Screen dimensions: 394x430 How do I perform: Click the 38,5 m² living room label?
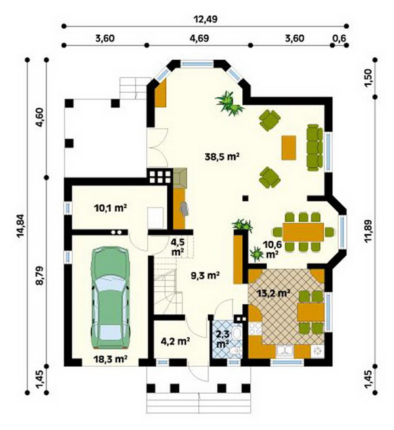point(223,156)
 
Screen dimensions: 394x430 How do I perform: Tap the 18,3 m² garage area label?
point(110,359)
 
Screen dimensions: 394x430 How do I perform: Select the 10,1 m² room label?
point(110,208)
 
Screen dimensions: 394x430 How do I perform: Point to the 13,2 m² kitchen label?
point(274,293)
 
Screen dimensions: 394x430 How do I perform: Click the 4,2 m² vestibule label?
point(175,341)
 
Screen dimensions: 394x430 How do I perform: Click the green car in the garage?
point(110,297)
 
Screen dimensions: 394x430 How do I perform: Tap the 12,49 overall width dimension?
point(205,19)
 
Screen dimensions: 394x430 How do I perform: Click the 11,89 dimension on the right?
point(368,231)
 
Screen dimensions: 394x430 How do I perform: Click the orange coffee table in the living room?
point(289,147)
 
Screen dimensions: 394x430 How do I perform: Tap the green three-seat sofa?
point(315,147)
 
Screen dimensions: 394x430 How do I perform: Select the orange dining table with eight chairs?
point(303,232)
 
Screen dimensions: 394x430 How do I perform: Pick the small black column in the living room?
point(246,198)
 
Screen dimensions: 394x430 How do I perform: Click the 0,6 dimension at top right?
point(339,38)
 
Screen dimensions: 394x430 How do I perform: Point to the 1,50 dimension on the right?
point(368,78)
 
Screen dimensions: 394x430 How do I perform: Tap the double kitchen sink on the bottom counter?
point(285,351)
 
